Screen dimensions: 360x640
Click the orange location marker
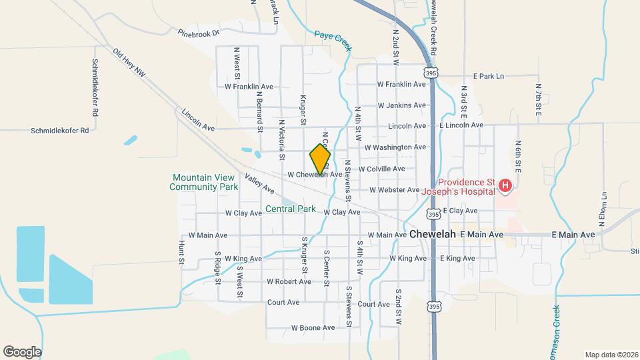pos(321,159)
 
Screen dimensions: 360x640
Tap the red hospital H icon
pos(505,185)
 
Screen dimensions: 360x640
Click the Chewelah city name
pos(433,235)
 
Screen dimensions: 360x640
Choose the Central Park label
pos(291,209)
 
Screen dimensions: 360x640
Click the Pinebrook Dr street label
pos(198,32)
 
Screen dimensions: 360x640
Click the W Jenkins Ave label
pos(401,105)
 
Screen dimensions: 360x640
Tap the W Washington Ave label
pos(395,147)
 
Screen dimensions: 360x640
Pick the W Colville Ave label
pos(382,169)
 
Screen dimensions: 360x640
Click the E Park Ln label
pos(489,77)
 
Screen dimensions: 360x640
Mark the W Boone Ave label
pos(313,328)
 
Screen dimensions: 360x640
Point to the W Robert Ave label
pos(289,281)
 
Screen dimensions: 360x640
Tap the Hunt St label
pos(181,251)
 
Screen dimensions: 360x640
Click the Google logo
pos(23,351)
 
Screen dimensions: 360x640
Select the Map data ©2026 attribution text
pos(611,354)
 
